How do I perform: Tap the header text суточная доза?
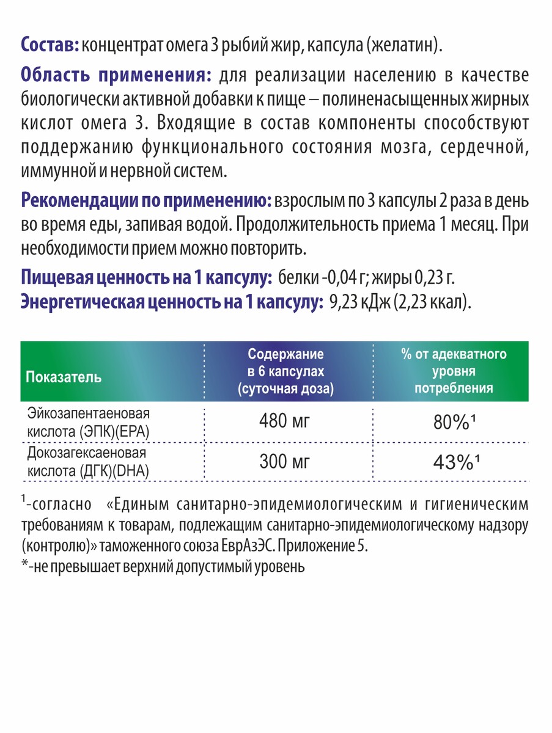286,388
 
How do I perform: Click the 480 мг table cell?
285,423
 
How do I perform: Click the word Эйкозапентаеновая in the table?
86,412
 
